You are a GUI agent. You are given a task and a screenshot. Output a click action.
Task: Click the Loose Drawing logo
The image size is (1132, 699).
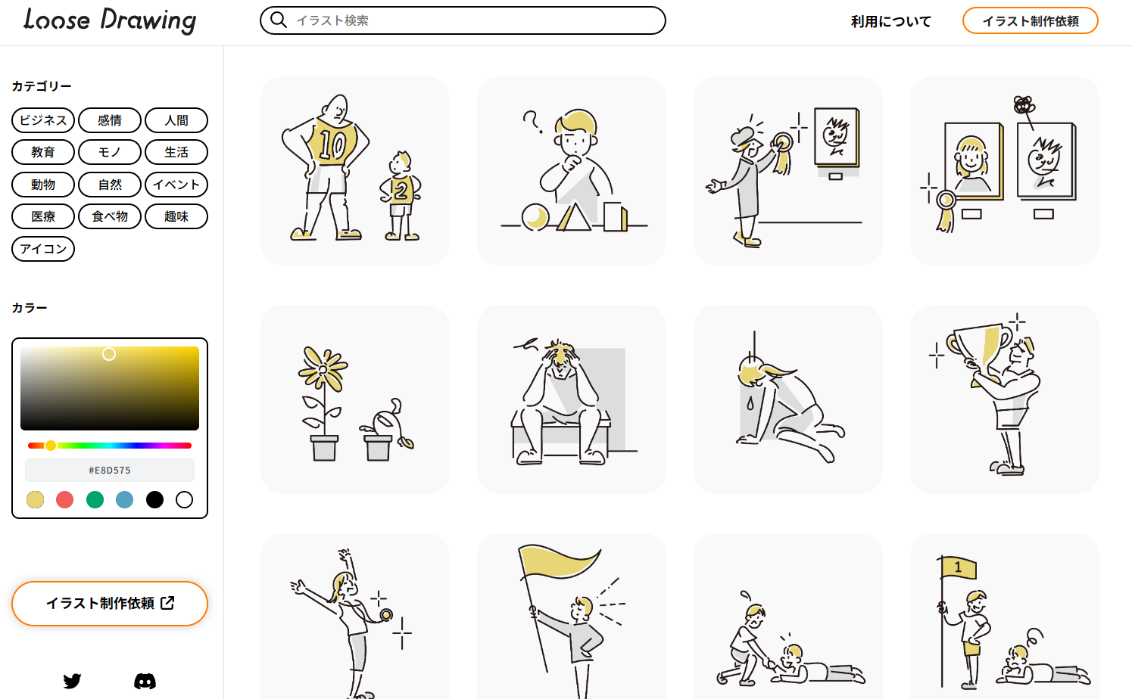coord(110,20)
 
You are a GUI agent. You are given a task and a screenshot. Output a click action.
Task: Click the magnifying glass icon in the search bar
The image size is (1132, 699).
coord(279,20)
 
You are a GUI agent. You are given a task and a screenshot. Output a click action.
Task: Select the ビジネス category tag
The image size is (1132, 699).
coord(43,120)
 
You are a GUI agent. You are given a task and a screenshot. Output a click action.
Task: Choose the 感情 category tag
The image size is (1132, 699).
coord(110,120)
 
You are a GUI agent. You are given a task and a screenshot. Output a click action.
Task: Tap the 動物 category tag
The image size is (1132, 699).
coord(43,185)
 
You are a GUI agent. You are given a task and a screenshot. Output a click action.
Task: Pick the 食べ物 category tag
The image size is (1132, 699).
coord(110,216)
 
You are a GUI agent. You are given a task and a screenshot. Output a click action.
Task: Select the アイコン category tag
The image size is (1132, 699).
coord(43,249)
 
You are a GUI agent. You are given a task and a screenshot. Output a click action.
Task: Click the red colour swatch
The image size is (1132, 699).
coord(65,499)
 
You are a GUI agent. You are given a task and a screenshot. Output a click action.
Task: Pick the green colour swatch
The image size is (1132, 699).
coord(95,499)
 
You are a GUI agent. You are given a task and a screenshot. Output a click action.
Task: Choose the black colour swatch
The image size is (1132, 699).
coord(154,499)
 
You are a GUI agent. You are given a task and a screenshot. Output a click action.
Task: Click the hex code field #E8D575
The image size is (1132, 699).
coord(110,471)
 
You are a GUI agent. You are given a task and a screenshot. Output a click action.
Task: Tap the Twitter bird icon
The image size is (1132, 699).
coord(73,681)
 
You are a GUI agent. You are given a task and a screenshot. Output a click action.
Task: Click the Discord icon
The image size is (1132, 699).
coord(145,681)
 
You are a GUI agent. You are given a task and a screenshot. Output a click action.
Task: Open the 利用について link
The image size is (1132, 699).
coord(890,21)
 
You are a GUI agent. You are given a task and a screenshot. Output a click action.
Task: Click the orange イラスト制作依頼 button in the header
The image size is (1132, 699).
coord(1030,21)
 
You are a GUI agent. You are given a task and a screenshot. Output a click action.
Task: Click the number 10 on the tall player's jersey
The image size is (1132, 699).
coord(332,144)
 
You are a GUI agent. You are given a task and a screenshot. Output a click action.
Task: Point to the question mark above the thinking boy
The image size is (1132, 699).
coord(532,121)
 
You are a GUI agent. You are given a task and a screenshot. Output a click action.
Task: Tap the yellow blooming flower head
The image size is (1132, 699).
coord(323,368)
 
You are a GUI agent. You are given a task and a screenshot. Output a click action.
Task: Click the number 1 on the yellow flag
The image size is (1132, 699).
coord(958,567)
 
